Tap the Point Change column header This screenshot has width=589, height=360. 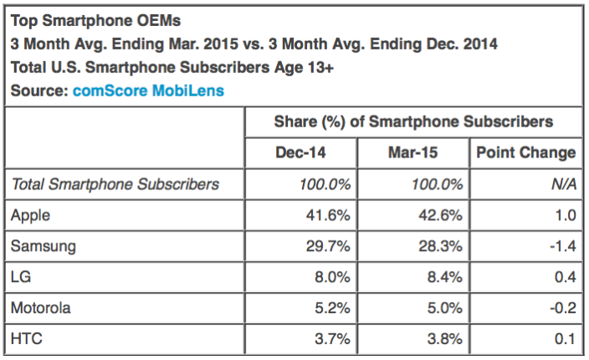[525, 152]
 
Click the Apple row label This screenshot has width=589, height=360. [31, 216]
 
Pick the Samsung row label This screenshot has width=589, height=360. [43, 247]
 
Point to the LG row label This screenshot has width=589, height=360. [21, 278]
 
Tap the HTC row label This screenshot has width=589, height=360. [26, 339]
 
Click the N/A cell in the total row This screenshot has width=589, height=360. [562, 184]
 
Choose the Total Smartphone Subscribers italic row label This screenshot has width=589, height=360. [115, 184]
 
